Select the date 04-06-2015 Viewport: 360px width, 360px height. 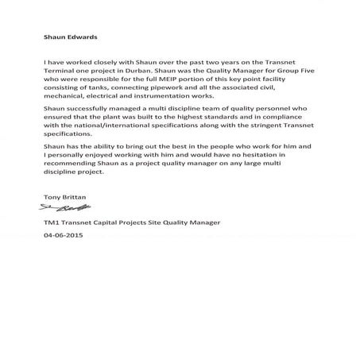[x=64, y=235]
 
